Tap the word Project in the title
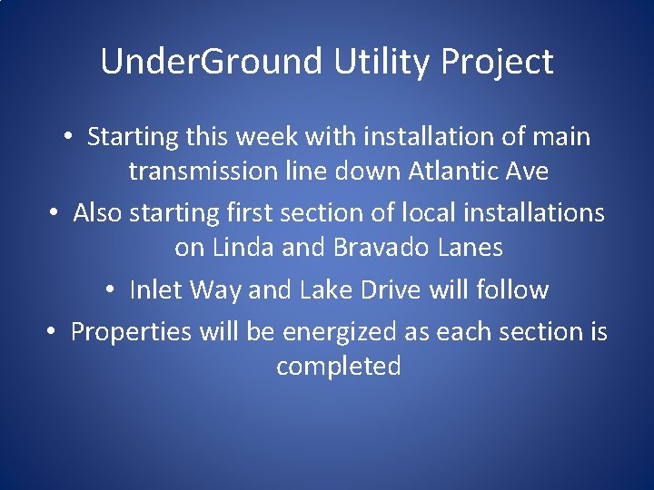[497, 62]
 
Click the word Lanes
[470, 247]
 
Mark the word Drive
[390, 290]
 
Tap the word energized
[341, 332]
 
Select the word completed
[338, 367]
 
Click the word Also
[98, 212]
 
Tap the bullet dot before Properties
[51, 333]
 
